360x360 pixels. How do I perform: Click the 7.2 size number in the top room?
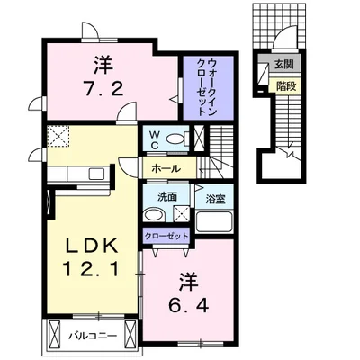[x=100, y=88]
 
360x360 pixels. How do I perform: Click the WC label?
[x=154, y=139]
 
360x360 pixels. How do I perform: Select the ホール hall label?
[x=165, y=168]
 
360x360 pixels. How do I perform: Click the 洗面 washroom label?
[x=156, y=196]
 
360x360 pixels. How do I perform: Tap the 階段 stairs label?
[x=284, y=85]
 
